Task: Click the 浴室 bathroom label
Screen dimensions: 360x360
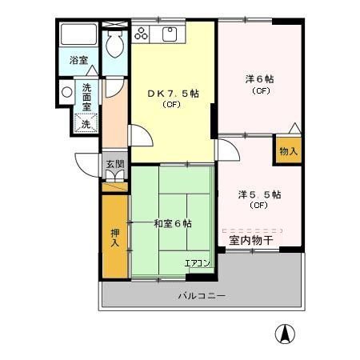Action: (x=78, y=60)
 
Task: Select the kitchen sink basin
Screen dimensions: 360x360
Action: (x=170, y=34)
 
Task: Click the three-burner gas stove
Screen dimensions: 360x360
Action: (x=142, y=34)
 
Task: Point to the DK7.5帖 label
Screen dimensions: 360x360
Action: (x=173, y=93)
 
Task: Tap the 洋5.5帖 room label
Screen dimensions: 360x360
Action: (x=258, y=194)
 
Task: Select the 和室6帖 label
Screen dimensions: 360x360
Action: (x=173, y=224)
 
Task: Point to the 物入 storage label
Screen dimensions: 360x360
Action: (x=288, y=150)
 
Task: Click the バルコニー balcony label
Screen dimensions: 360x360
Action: (x=201, y=296)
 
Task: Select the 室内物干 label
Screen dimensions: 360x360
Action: (x=251, y=239)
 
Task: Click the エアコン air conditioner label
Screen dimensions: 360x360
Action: (x=197, y=262)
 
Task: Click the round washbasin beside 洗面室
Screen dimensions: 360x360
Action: (x=66, y=93)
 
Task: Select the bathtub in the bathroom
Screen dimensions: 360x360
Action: (x=78, y=36)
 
